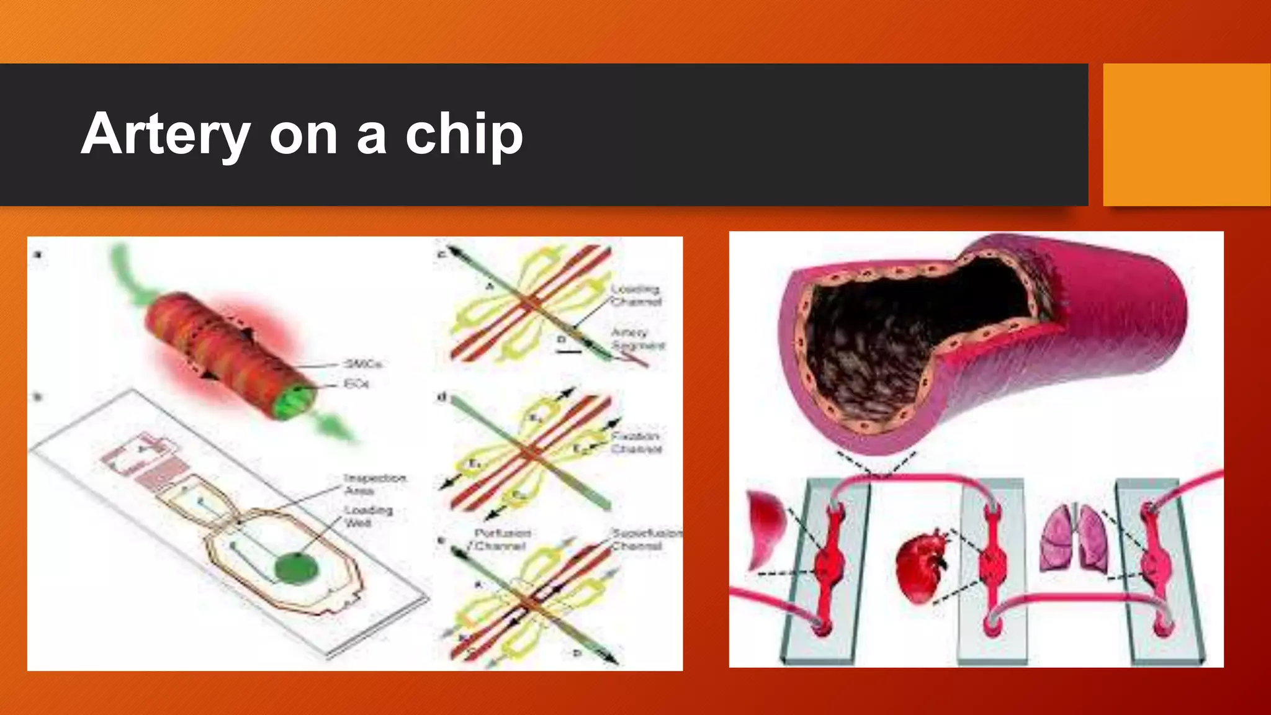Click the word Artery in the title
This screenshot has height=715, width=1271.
coord(166,134)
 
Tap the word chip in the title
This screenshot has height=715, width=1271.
coord(464,134)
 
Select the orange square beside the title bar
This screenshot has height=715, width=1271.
coord(1186,134)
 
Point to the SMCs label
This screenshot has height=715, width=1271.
coord(364,364)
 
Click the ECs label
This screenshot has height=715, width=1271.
coord(356,384)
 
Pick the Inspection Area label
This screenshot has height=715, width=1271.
coord(374,484)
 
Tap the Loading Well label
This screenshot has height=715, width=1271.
coord(369,516)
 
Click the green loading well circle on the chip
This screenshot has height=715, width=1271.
coord(296,568)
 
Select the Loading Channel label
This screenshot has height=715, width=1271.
coord(635,295)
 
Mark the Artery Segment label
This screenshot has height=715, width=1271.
coord(637,339)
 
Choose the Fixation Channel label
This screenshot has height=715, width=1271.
coord(635,443)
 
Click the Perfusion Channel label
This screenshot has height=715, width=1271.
coord(501,539)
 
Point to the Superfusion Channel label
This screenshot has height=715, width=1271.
coord(645,539)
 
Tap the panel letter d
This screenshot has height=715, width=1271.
coord(442,397)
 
